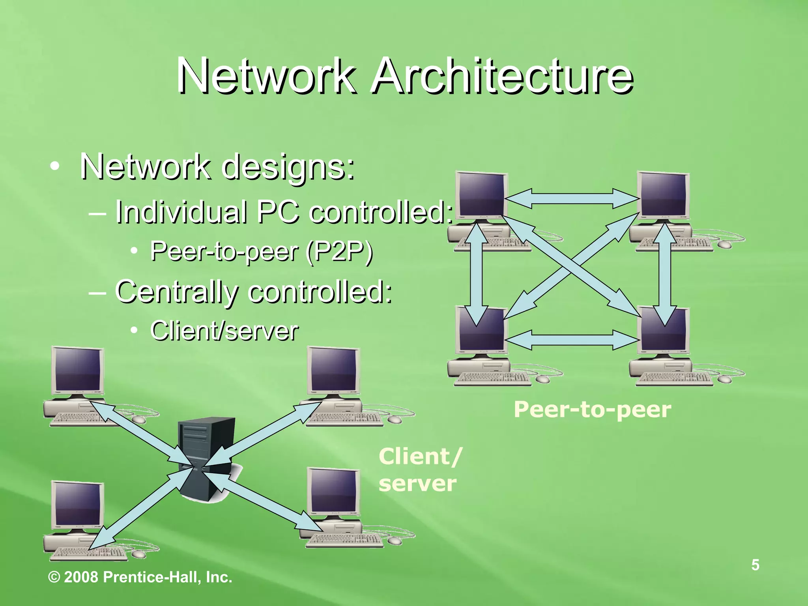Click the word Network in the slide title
265,76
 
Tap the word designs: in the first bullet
288,167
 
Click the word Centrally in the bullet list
177,292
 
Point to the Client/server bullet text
224,331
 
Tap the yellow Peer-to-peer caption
592,410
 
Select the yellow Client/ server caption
419,469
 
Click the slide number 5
755,565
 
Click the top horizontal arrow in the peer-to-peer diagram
572,198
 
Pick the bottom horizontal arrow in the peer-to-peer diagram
572,339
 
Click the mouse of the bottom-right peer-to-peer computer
724,379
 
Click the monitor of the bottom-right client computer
334,490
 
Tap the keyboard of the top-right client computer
344,418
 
